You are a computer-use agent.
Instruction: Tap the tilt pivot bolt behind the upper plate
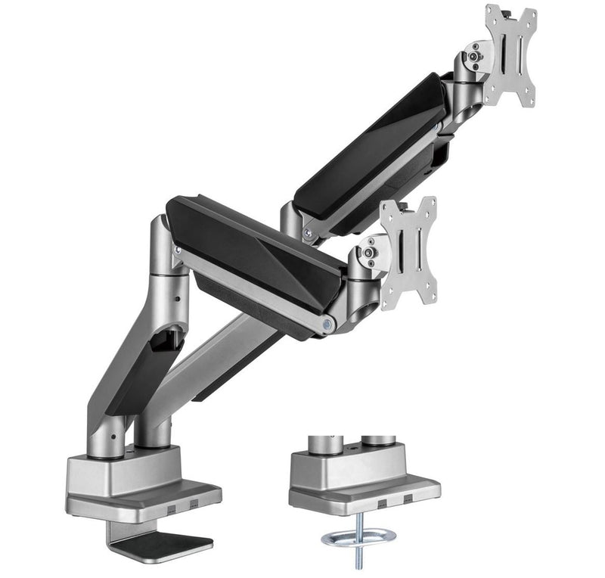pyautogui.click(x=473, y=55)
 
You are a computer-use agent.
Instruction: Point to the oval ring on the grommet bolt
pyautogui.click(x=358, y=538)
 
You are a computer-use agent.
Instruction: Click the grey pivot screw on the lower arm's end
pyautogui.click(x=327, y=323)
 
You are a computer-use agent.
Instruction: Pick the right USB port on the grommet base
pyautogui.click(x=409, y=500)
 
